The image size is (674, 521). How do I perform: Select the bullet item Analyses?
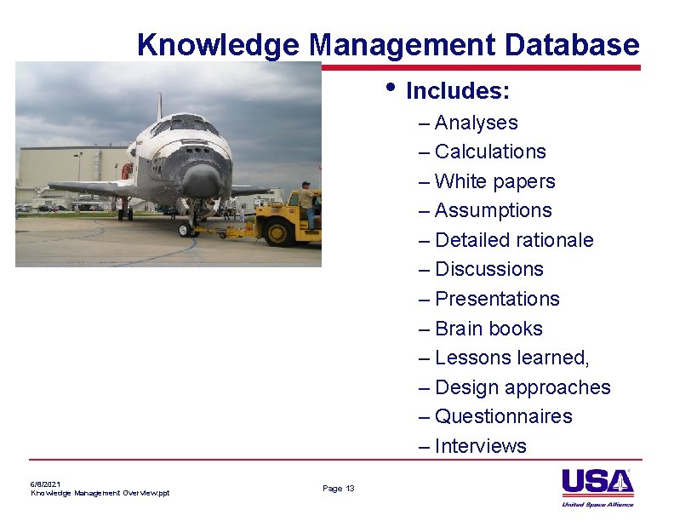[476, 123]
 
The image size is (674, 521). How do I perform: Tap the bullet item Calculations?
[490, 152]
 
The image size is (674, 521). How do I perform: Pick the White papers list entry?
[494, 181]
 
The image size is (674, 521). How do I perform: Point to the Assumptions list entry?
[493, 210]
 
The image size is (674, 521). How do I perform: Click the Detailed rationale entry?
[514, 240]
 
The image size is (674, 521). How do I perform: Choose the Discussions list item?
[488, 269]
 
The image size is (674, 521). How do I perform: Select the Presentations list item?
[497, 299]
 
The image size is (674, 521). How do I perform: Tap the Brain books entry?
[488, 329]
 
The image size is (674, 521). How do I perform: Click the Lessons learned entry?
[511, 358]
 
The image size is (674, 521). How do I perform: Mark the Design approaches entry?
[523, 387]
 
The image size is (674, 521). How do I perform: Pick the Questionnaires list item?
[503, 416]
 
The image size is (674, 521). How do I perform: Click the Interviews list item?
[480, 446]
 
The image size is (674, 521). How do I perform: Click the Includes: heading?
[458, 90]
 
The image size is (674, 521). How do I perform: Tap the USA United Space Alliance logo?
[597, 488]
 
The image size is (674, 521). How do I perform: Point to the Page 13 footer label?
[339, 488]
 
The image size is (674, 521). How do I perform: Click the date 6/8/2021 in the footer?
[45, 484]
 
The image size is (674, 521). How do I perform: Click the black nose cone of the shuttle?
[202, 180]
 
